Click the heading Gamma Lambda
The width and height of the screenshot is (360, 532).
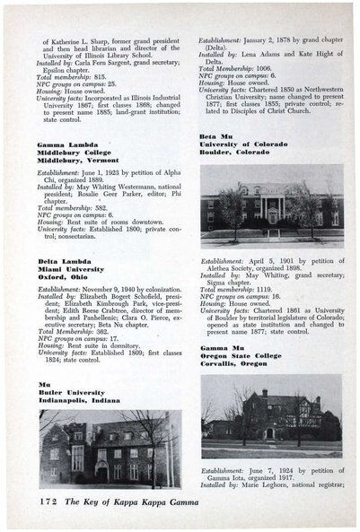coord(65,144)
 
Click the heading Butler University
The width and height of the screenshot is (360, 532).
coord(69,396)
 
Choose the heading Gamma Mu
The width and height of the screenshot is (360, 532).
coord(221,346)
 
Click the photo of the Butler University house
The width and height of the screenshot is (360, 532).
coord(110,449)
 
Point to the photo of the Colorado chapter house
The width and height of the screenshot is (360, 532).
coord(270,205)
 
